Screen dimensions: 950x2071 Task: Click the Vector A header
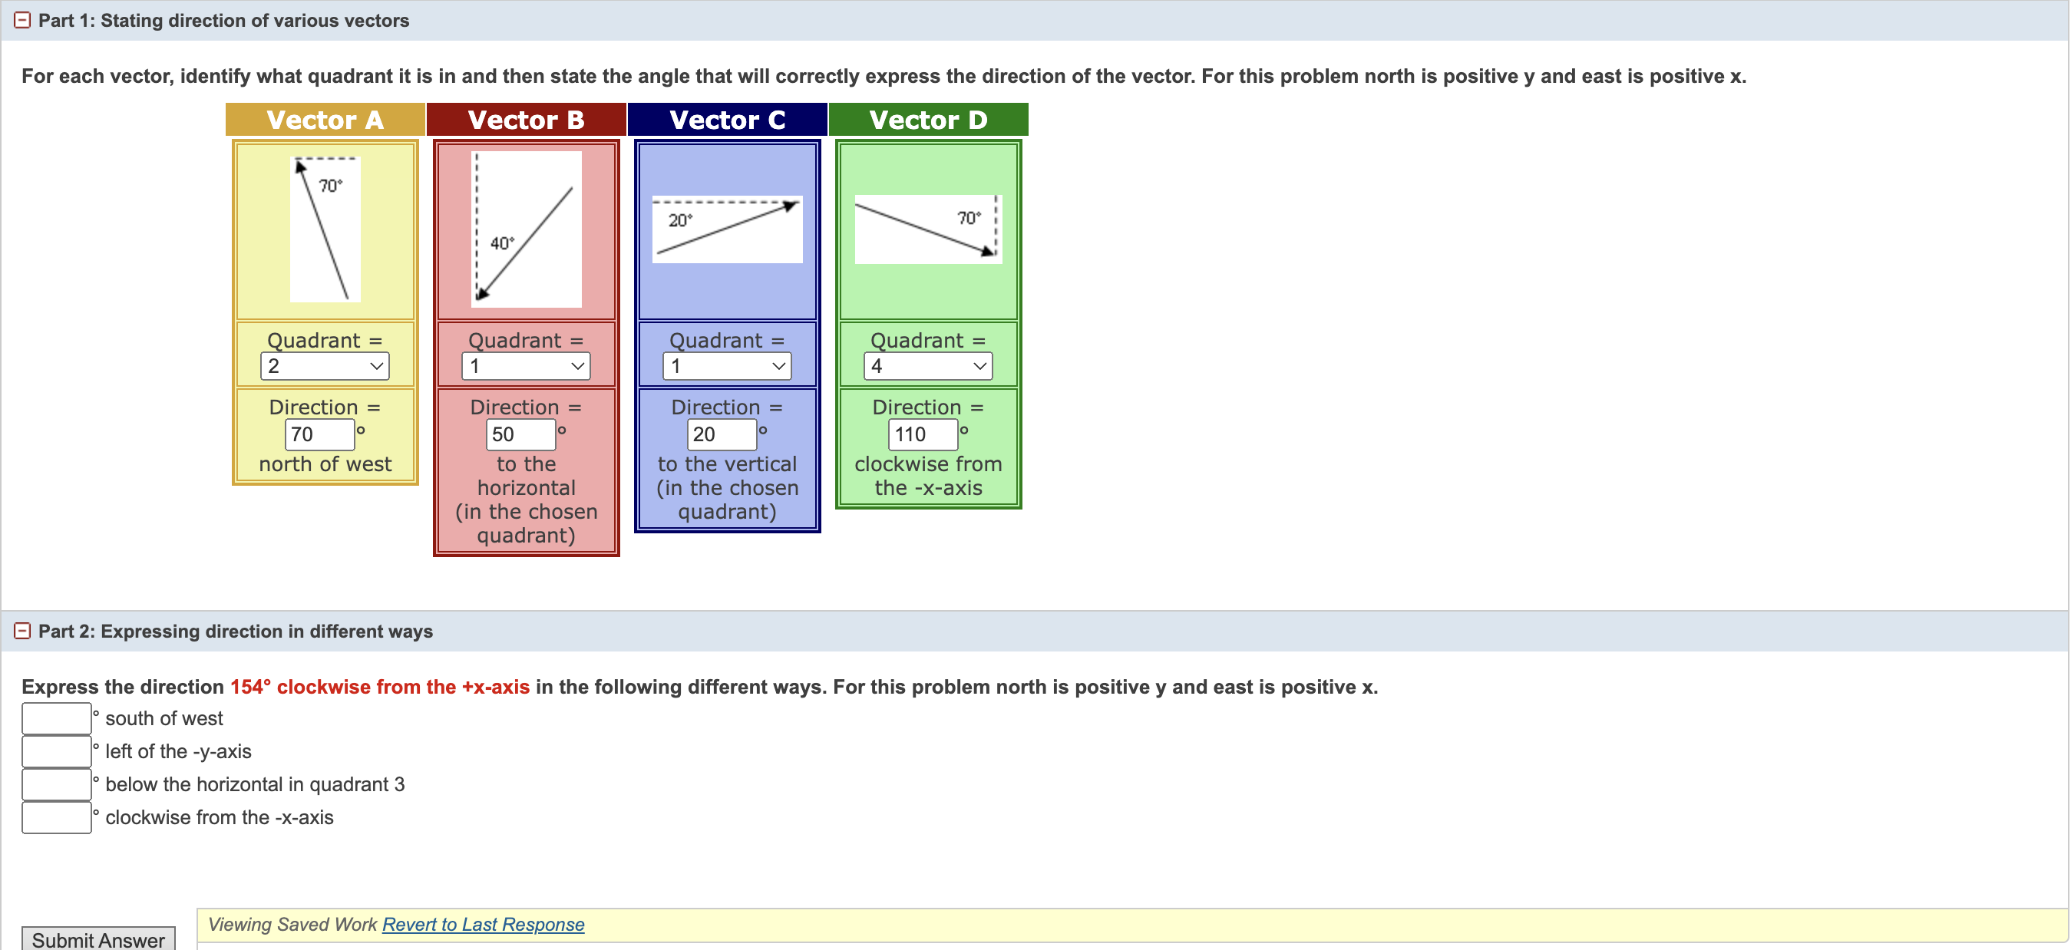[x=325, y=120]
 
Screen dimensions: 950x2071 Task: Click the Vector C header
[x=727, y=120]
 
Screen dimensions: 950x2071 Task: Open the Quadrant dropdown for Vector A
[x=325, y=367]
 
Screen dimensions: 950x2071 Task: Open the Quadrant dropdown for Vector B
[x=526, y=367]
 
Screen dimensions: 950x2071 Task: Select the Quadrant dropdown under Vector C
[x=727, y=367]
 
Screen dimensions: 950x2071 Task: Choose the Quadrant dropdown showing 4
[x=928, y=367]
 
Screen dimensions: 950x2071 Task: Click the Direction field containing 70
[x=319, y=434]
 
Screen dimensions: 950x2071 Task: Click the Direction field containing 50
[x=520, y=434]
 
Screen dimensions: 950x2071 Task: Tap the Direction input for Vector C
[x=721, y=434]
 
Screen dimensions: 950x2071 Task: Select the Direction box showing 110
[x=922, y=434]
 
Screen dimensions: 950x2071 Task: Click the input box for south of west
[x=56, y=718]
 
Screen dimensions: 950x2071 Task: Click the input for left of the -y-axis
[x=56, y=751]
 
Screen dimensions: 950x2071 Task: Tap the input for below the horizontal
[x=56, y=784]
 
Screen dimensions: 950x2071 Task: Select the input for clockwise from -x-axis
[x=56, y=817]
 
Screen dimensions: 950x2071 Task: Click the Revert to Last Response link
[x=483, y=924]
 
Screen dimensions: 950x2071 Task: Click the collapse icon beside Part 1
[x=22, y=20]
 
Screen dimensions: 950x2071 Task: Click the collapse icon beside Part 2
[x=22, y=631]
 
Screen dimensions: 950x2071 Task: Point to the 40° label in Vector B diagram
[x=502, y=242]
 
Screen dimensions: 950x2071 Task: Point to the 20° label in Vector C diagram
[x=680, y=220]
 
